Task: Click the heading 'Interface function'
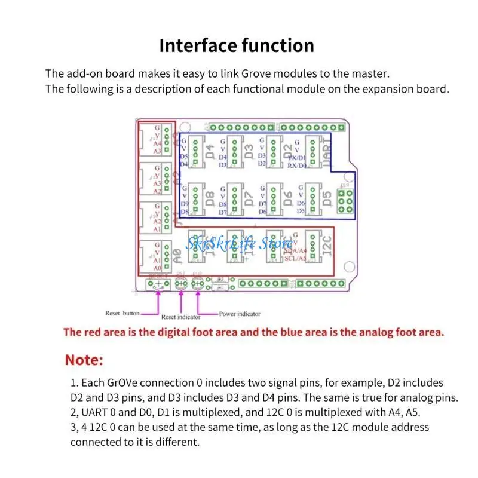(x=236, y=45)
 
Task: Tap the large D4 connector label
(x=210, y=151)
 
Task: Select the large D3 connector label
(x=249, y=151)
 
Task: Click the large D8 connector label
(x=210, y=198)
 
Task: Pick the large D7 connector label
(x=249, y=198)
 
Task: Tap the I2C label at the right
(x=326, y=246)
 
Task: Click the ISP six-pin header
(x=345, y=201)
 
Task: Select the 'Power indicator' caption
(x=240, y=314)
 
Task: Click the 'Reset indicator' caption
(x=180, y=317)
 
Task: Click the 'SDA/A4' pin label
(x=295, y=251)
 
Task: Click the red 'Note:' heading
(x=84, y=360)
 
